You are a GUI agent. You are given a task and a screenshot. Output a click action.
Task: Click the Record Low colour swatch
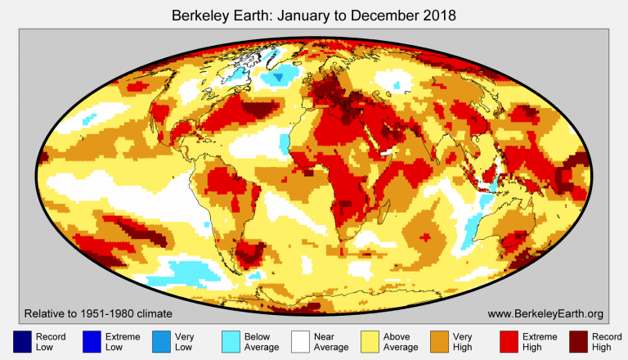click(x=22, y=342)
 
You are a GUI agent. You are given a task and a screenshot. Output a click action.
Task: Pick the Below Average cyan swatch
click(x=232, y=342)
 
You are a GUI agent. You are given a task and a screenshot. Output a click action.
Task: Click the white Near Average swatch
click(x=303, y=342)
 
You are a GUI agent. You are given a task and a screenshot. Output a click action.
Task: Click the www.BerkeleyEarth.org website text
click(x=545, y=313)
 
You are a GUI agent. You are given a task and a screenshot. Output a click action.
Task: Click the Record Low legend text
click(x=51, y=342)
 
